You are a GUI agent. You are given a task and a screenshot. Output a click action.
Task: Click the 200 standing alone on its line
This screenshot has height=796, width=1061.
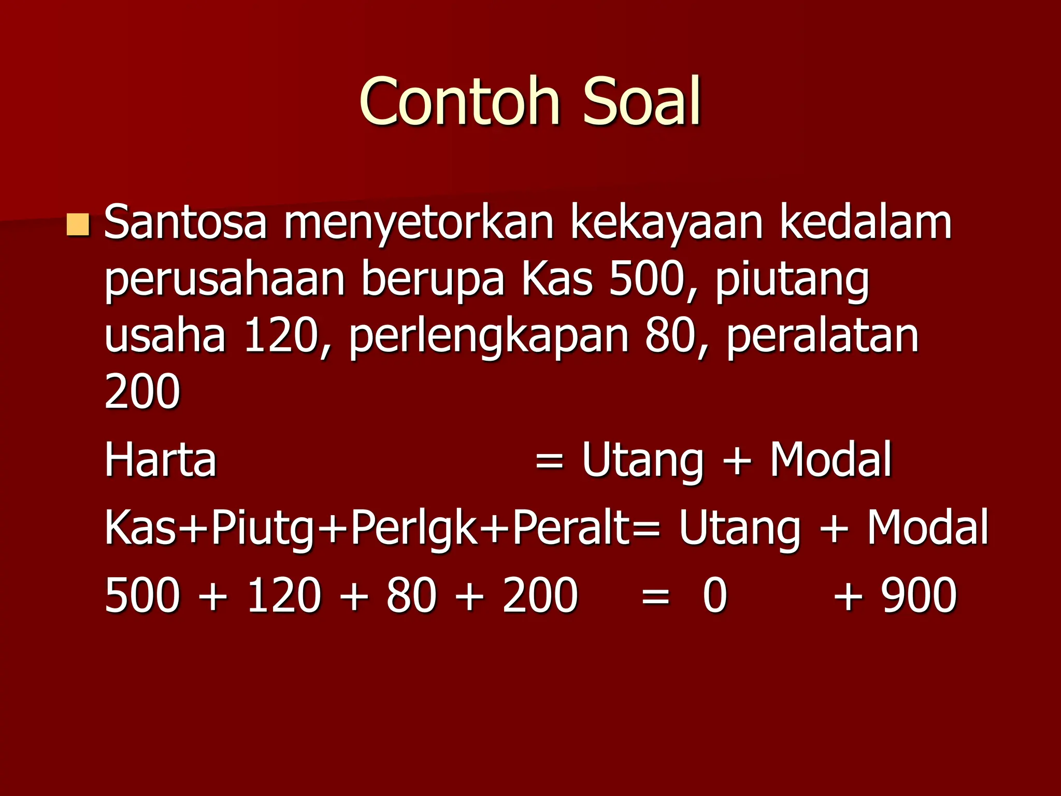[142, 391]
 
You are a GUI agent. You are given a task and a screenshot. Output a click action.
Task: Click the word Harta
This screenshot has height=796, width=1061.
[160, 460]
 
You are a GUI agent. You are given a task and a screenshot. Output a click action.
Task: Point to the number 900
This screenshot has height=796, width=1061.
[919, 595]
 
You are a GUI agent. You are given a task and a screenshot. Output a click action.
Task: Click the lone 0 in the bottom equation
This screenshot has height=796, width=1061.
[715, 595]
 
